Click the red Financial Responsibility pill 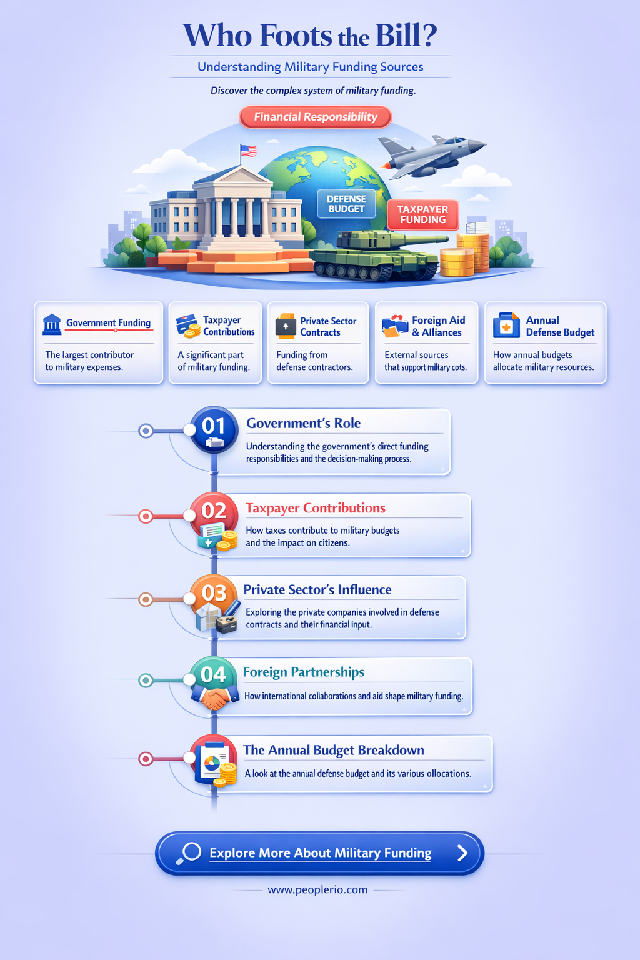coord(316,117)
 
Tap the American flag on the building coord(248,151)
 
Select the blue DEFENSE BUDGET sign coord(346,204)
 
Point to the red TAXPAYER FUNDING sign coord(422,214)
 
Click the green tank coord(377,256)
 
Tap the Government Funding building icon coord(52,324)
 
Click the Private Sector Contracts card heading coord(328,327)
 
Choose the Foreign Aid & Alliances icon coord(395,326)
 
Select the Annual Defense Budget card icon coord(506,325)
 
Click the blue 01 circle coord(214,430)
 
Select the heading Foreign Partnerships coord(304,672)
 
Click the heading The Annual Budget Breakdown coord(334,751)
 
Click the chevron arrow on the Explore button coord(462,853)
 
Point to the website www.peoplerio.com coord(317,890)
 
